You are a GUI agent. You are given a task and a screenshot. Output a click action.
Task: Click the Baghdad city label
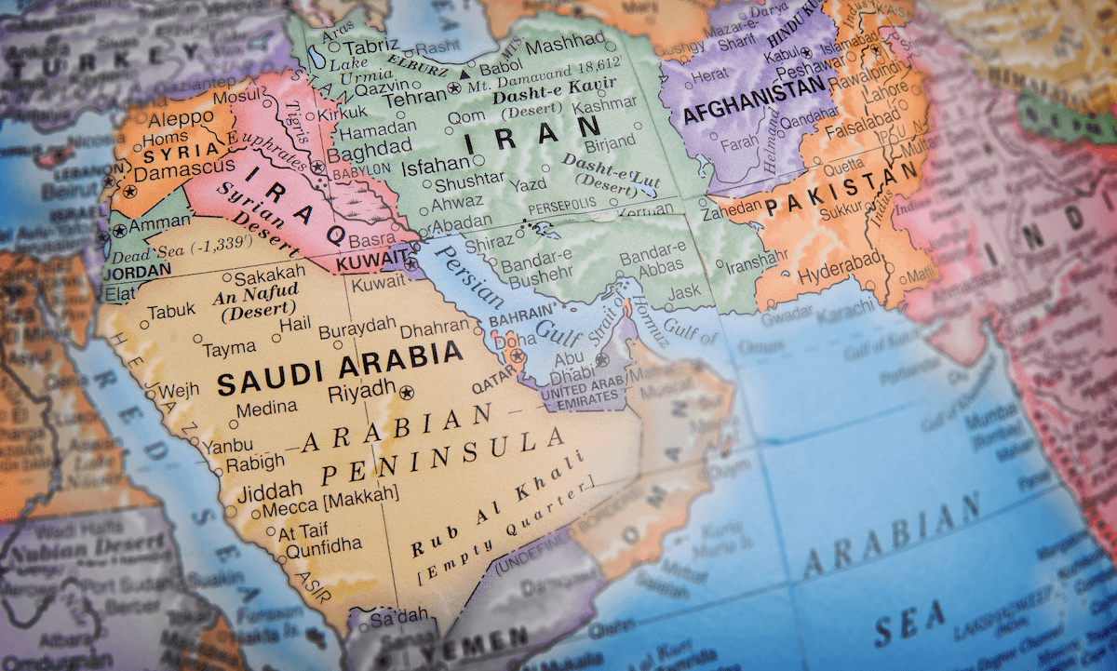tap(370, 149)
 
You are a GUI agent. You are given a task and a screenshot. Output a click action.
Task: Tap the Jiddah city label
tap(271, 489)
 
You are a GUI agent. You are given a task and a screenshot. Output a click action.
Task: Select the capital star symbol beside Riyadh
tap(405, 394)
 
